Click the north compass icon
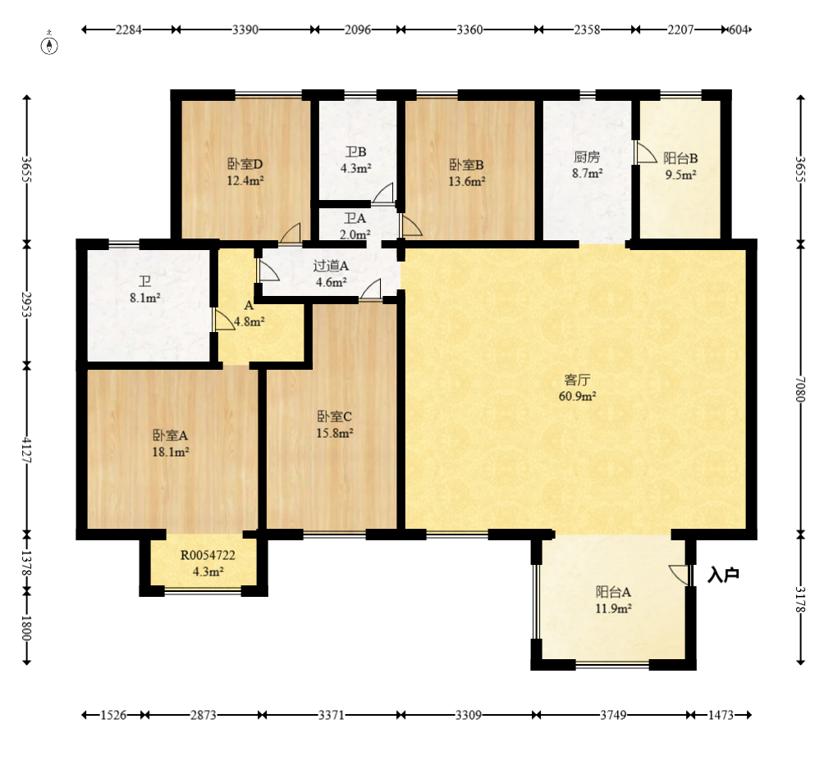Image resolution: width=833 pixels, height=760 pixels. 49,45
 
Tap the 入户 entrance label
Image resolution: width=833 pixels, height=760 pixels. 724,574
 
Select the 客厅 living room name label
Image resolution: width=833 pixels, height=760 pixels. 577,380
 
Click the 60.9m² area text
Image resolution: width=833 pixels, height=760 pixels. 577,396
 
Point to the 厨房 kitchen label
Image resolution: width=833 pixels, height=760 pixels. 587,157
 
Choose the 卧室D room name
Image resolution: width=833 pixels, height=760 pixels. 245,165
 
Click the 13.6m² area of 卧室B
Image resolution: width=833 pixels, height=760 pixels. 466,181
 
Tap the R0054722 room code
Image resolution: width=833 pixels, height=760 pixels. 208,556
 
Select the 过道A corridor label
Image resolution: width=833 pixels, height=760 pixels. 331,266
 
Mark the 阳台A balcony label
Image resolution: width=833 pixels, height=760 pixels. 613,592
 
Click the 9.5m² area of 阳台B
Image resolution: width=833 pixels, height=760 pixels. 680,175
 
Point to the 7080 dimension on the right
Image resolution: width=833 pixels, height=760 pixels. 801,389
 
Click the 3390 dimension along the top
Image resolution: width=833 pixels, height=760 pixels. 245,30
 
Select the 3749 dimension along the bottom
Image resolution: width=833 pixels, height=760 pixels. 613,715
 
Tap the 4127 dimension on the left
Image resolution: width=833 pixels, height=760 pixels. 26,449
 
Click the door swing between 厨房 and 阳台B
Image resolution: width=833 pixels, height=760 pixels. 645,152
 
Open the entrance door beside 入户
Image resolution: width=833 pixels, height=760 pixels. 680,575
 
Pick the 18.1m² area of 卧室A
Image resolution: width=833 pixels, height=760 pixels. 171,453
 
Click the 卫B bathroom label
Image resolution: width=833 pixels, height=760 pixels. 356,152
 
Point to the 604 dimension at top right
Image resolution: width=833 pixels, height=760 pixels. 739,30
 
